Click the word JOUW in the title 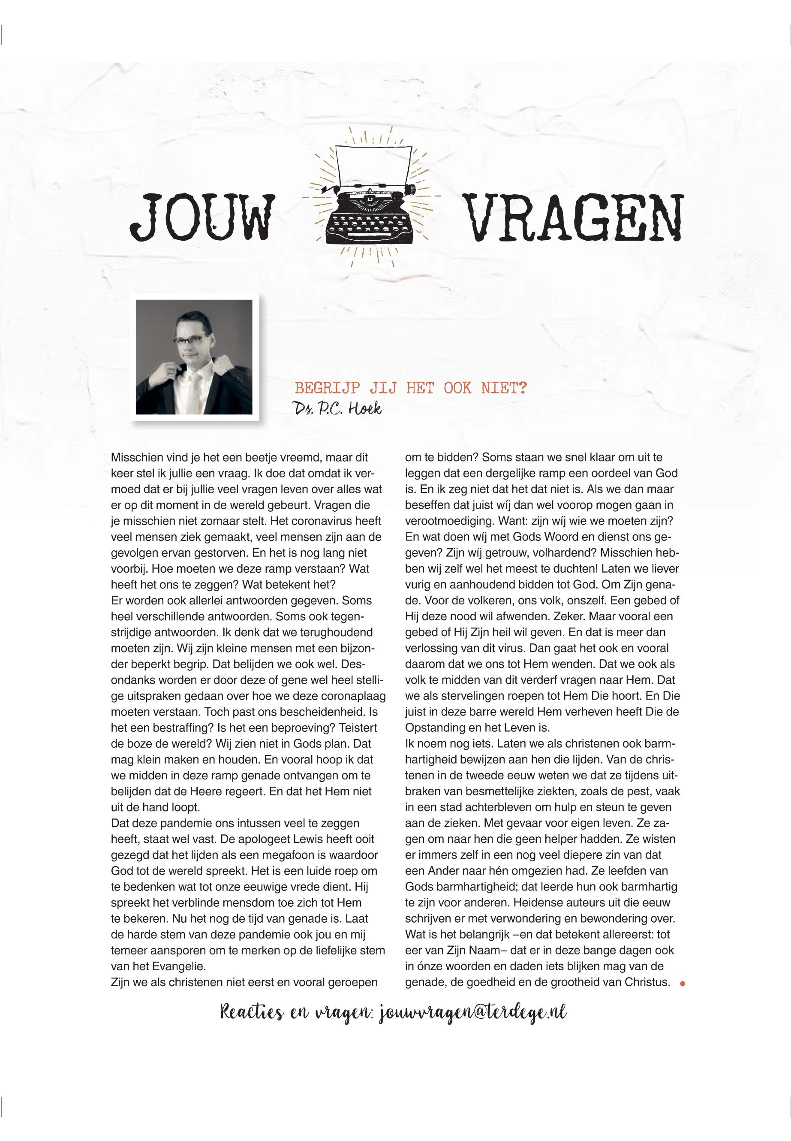(x=202, y=217)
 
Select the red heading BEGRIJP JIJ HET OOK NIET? (x=410, y=388)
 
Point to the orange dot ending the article (x=683, y=983)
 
